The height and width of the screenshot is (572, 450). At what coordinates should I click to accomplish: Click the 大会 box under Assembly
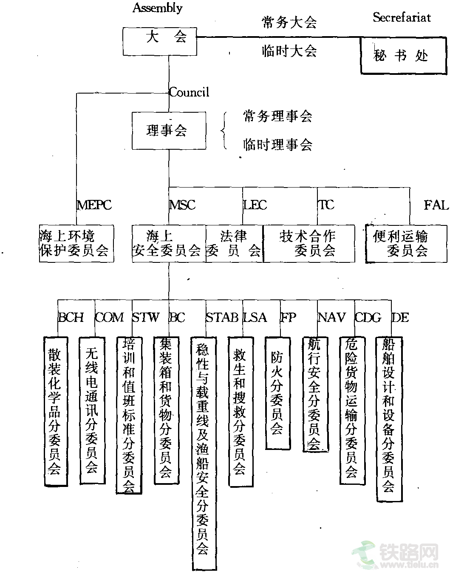[160, 41]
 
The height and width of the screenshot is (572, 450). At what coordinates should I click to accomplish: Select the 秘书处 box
[403, 56]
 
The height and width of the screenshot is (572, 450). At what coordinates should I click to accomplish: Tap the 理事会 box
[169, 131]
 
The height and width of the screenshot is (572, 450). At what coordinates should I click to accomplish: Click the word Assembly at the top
[158, 8]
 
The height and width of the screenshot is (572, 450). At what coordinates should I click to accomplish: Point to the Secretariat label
[402, 17]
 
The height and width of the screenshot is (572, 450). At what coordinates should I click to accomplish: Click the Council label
[189, 92]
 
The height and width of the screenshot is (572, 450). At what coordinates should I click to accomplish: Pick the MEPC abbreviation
[94, 205]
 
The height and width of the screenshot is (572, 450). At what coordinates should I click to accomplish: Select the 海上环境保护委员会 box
[76, 243]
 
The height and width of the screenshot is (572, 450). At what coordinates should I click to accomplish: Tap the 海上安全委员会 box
[169, 243]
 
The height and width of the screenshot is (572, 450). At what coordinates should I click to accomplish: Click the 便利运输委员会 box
[406, 243]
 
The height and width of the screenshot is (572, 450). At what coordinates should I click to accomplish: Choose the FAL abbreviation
[436, 205]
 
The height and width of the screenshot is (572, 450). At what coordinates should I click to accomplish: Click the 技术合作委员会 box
[309, 243]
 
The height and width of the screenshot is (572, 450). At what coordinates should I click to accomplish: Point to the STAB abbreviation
[222, 317]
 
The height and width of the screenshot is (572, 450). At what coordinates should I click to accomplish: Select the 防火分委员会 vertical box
[277, 393]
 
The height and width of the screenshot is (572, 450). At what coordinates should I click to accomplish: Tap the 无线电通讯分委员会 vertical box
[92, 410]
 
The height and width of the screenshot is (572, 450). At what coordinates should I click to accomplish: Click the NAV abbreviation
[331, 317]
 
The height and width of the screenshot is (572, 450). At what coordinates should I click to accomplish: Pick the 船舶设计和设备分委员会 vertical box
[389, 418]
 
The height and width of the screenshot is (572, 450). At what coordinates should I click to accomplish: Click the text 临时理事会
[277, 145]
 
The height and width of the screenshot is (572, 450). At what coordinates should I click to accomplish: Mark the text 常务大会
[289, 23]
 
